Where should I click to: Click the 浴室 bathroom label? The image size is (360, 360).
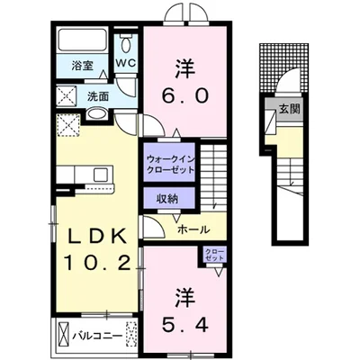(82, 66)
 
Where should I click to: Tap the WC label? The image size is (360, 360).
(126, 63)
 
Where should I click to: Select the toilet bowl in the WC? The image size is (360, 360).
(126, 45)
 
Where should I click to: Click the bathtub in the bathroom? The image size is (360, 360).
(83, 40)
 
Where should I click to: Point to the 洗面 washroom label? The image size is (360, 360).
(98, 96)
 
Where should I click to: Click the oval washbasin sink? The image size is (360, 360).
(96, 114)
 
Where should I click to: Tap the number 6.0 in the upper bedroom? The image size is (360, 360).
(185, 96)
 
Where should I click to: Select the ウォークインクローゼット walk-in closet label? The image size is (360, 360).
(169, 164)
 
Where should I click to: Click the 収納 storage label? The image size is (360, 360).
(166, 199)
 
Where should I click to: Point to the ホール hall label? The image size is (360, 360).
(193, 229)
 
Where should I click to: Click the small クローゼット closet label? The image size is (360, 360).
(214, 255)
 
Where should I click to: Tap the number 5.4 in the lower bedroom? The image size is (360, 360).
(185, 324)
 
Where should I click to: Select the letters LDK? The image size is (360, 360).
(96, 238)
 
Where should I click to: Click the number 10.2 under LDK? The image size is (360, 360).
(98, 263)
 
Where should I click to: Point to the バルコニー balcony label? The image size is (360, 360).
(97, 336)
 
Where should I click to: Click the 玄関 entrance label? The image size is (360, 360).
(290, 109)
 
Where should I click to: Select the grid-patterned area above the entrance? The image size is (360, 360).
(283, 67)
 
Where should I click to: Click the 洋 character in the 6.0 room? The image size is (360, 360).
(185, 68)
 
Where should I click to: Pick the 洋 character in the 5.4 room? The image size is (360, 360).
(185, 298)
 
